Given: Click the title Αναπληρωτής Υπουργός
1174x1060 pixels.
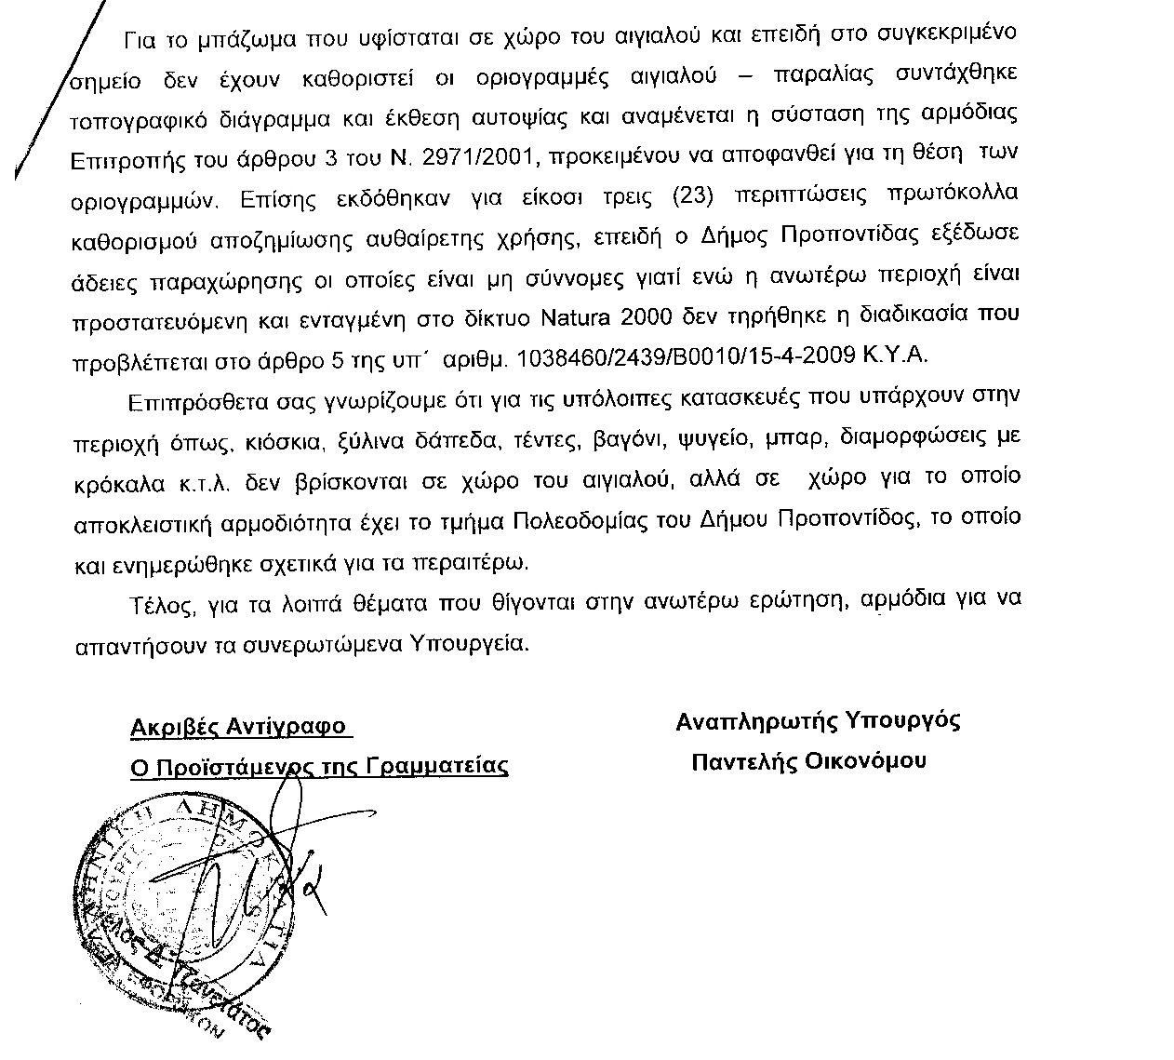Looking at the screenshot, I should pos(818,720).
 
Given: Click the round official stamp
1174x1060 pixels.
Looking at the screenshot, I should pos(181,893).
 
